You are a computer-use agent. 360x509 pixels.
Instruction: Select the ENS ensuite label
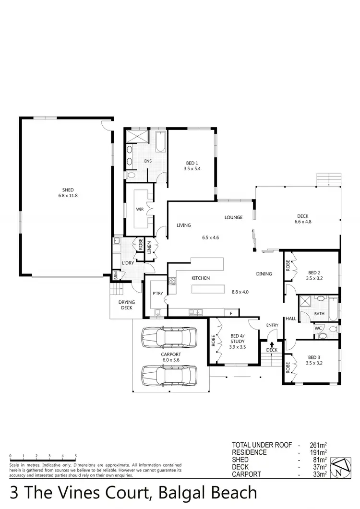click(x=148, y=161)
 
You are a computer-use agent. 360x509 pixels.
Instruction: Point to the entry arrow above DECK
click(x=272, y=343)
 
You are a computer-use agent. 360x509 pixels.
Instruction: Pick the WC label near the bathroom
click(x=317, y=329)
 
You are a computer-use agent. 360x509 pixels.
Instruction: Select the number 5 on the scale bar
click(x=75, y=456)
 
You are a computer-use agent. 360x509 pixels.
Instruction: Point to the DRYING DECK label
click(x=127, y=305)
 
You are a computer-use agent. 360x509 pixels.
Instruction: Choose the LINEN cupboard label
click(x=149, y=248)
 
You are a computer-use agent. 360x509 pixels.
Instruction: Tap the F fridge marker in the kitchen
click(x=231, y=313)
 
